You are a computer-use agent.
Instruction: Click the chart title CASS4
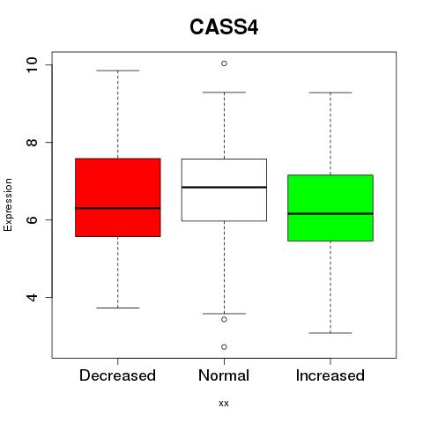click(x=224, y=27)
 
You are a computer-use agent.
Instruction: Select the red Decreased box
click(x=118, y=197)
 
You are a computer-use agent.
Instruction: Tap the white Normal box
click(x=224, y=189)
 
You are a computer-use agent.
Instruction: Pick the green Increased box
click(x=330, y=208)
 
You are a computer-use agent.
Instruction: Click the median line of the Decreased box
click(x=118, y=208)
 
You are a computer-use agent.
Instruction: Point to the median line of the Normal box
click(x=224, y=187)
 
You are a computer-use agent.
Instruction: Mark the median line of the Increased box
click(x=330, y=213)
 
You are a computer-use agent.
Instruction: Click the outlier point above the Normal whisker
click(x=224, y=63)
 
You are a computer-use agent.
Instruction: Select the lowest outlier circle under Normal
click(x=224, y=347)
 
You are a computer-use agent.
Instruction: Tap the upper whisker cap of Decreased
click(x=118, y=70)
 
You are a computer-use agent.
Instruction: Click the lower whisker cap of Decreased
click(x=118, y=308)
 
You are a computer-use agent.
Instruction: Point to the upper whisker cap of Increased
click(x=330, y=93)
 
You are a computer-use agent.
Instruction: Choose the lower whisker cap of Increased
click(x=330, y=333)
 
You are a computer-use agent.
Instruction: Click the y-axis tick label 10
click(x=32, y=64)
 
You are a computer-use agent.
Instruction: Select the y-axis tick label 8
click(x=32, y=143)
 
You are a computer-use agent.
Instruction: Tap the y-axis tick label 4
click(x=32, y=297)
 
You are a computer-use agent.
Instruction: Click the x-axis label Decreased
click(x=117, y=375)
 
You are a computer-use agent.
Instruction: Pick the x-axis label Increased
click(x=330, y=375)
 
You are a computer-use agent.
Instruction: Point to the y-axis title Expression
click(x=8, y=204)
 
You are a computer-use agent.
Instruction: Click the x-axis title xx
click(x=224, y=404)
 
